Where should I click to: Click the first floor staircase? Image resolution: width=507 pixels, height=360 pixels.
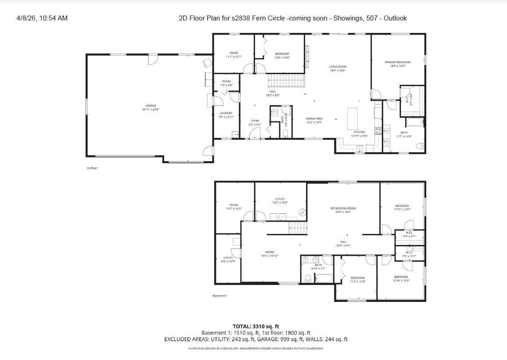(x=287, y=81)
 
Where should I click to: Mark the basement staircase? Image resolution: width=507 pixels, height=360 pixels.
(x=298, y=229)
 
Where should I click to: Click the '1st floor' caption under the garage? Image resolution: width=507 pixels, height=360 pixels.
(x=92, y=168)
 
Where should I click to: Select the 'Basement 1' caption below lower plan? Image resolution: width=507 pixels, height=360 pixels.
(x=220, y=296)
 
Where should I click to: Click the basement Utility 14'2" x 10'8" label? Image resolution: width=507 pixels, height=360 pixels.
(x=280, y=200)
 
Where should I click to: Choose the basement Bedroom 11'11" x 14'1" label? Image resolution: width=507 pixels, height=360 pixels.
(x=402, y=207)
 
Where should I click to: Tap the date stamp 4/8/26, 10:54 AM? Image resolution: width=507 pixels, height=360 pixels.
(x=42, y=18)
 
